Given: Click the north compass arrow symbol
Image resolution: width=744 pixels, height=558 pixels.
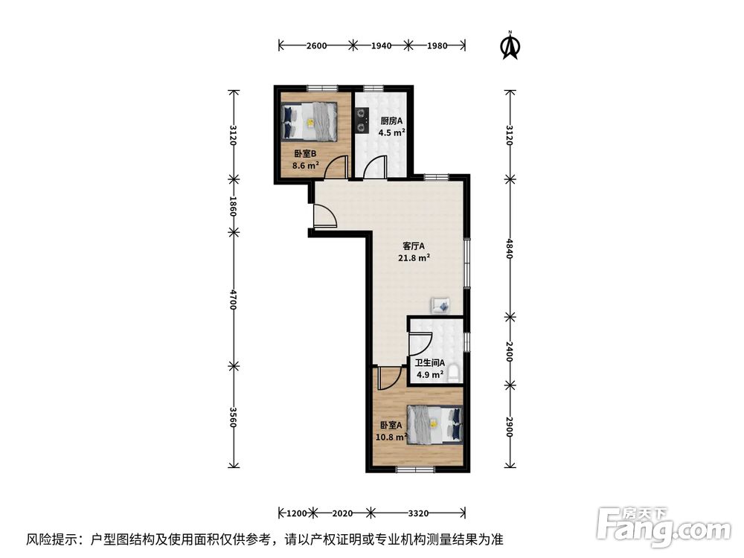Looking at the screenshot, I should coord(510,45).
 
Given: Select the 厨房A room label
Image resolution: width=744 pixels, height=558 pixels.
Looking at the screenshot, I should coord(391,121).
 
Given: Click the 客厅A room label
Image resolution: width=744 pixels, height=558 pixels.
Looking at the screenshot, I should coord(413,246).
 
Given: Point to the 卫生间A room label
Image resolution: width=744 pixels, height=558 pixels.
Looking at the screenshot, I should coord(430,363).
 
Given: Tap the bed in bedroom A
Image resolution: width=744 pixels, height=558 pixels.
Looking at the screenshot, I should coord(434,425).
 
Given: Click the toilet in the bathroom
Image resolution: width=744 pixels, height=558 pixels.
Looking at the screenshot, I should coord(452,372).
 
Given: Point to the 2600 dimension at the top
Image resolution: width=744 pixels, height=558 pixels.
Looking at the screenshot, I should coord(316,45).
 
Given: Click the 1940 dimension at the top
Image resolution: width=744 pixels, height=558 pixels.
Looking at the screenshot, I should coord(381,45).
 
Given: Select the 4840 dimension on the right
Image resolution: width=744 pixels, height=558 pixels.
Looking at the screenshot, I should coord(510,248).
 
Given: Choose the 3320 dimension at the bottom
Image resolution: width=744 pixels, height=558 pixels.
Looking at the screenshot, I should coord(419,513).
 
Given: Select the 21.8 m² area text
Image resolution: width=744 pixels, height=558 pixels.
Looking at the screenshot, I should coord(413,258).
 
